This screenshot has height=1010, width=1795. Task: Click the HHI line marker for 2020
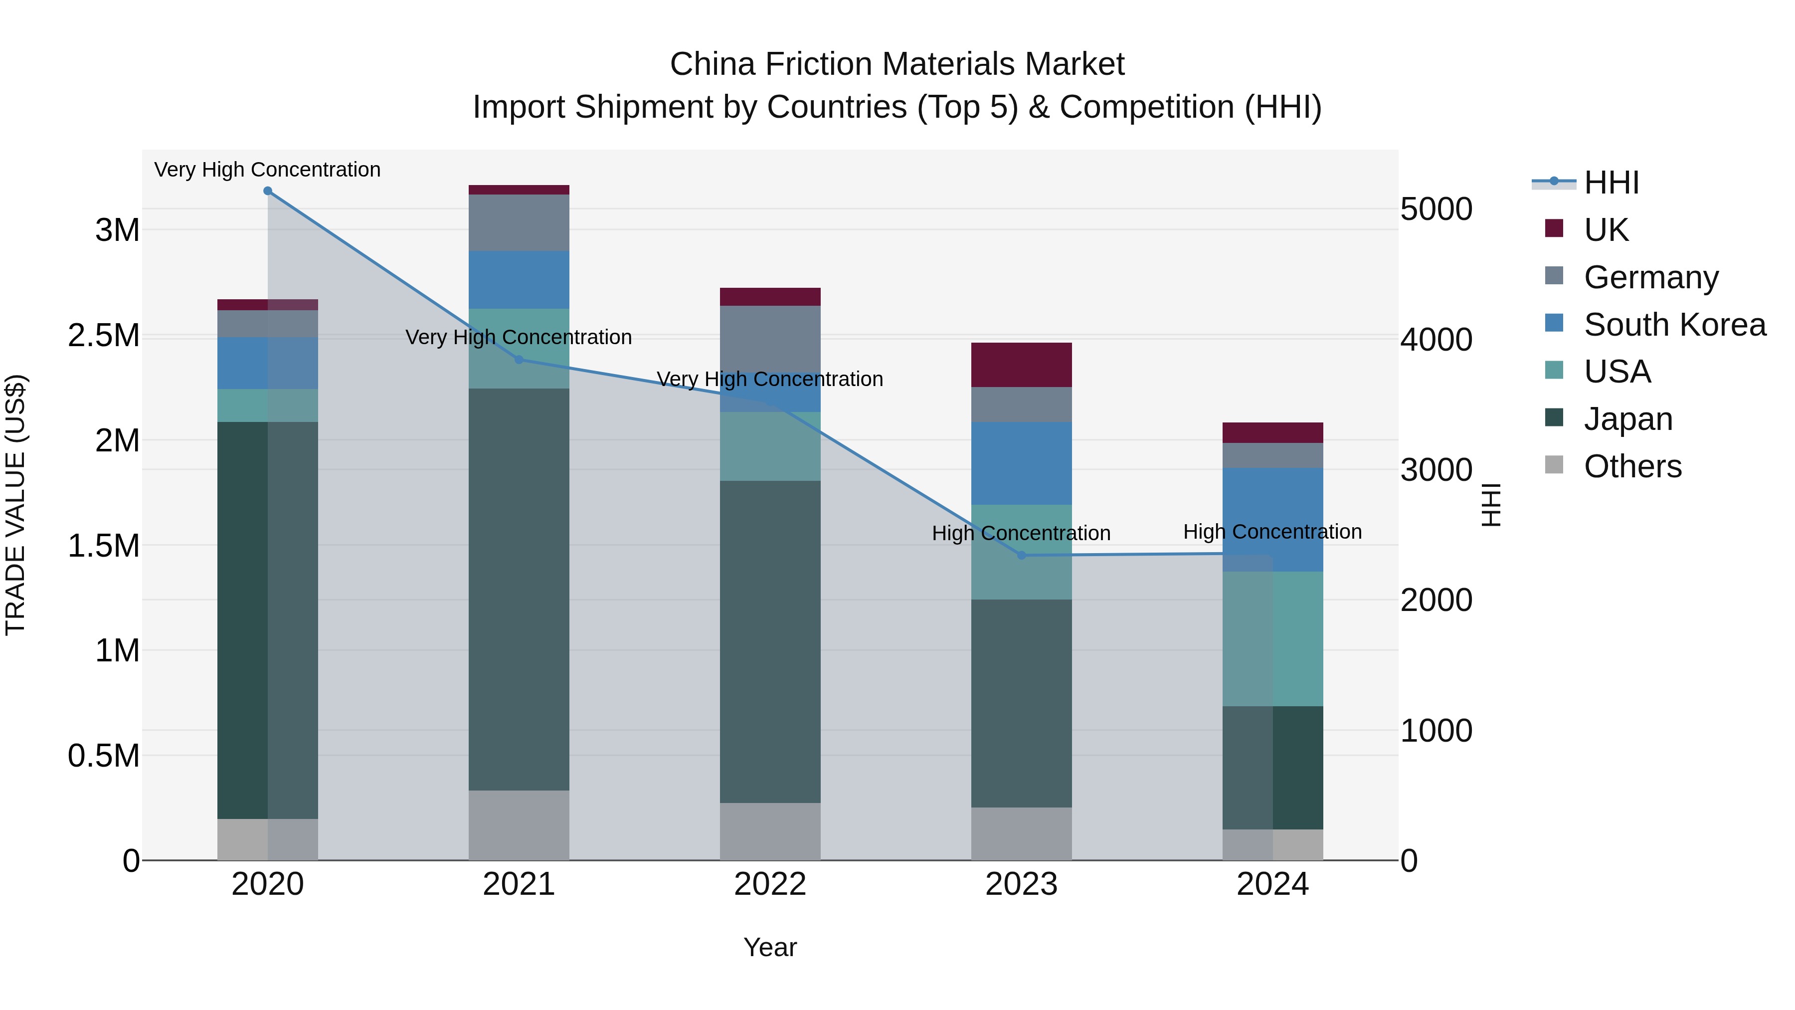pos(268,191)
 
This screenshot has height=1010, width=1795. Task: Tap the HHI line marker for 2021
pos(519,360)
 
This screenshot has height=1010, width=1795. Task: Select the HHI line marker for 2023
pos(1022,556)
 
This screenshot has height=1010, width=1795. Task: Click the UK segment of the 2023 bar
pos(1022,365)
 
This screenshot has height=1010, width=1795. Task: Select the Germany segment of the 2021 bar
pos(519,222)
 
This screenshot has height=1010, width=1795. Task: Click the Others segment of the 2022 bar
pos(770,831)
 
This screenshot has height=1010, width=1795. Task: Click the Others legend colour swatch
pos(1554,465)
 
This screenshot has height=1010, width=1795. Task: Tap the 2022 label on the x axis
pos(770,884)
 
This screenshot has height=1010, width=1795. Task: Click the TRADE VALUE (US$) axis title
pos(15,505)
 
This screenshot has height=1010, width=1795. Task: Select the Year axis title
pos(770,947)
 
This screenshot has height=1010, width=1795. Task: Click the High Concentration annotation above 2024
pos(1272,532)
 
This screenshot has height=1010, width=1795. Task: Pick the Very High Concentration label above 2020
pos(268,170)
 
